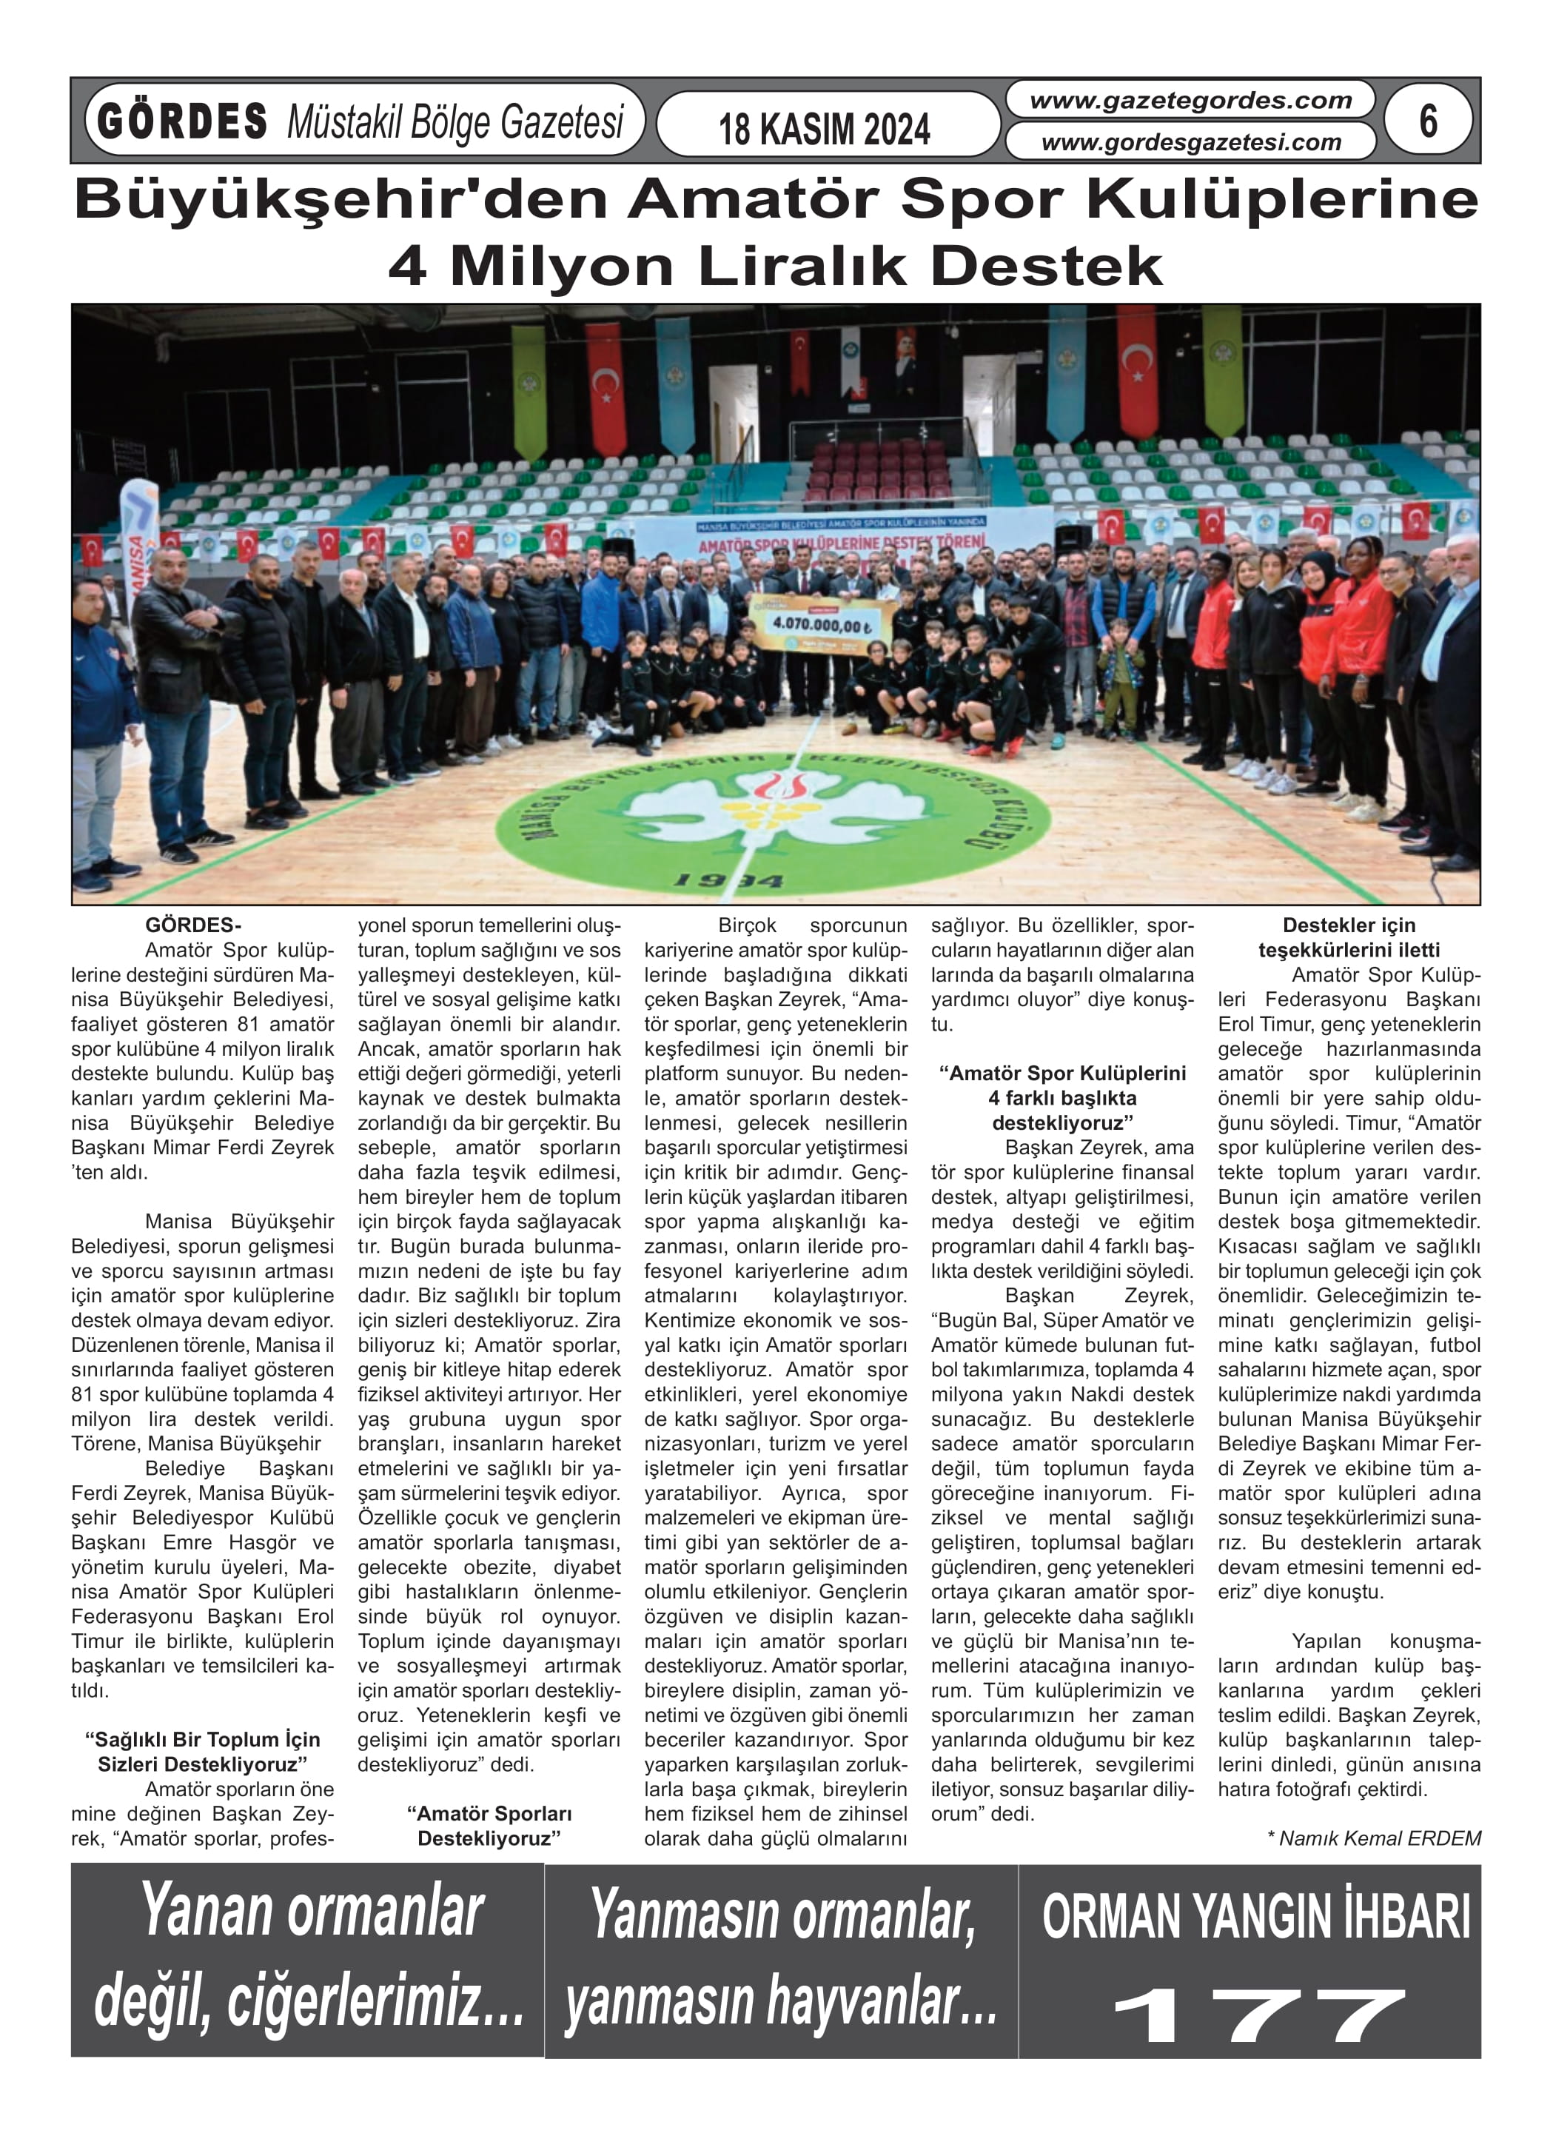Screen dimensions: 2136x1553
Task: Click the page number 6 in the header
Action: point(1428,121)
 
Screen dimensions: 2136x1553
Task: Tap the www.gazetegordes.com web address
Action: point(1190,101)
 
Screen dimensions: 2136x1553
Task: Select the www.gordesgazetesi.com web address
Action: point(1190,142)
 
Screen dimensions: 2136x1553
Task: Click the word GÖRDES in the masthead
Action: point(183,121)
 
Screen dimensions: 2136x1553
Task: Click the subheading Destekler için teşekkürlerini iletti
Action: point(1349,937)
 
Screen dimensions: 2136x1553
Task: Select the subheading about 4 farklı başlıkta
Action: point(1062,1097)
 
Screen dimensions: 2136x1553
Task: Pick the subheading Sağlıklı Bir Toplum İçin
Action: point(203,1751)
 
